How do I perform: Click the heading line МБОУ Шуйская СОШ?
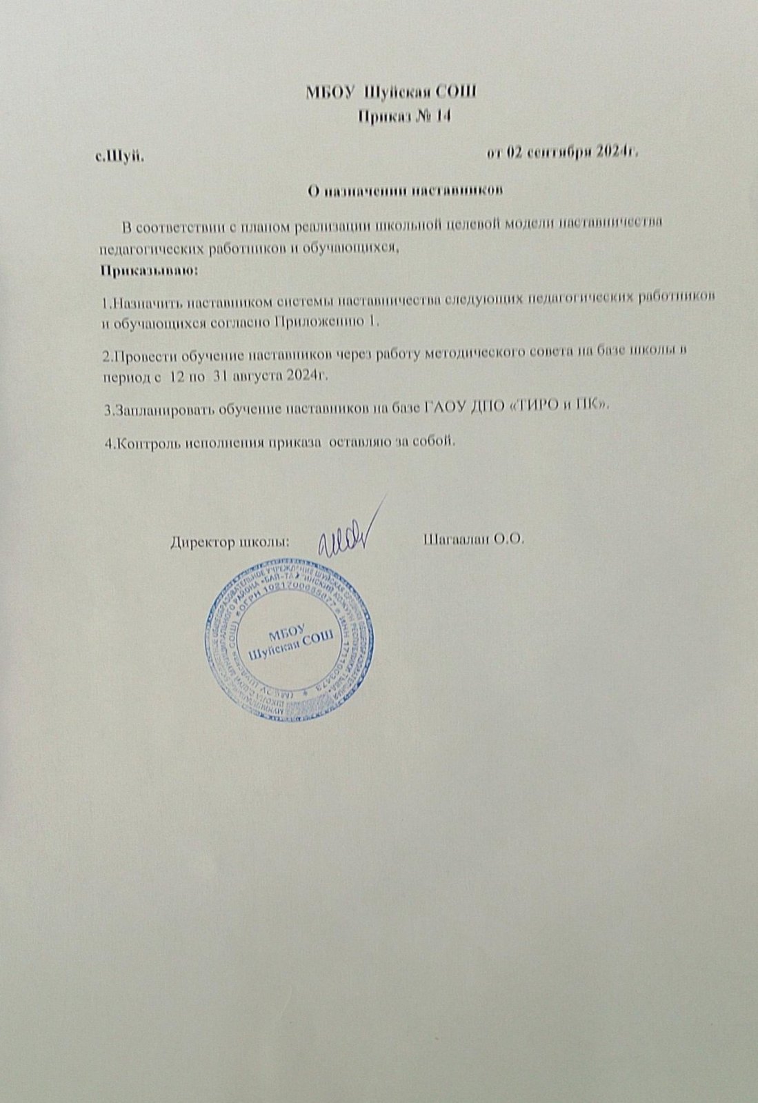[x=391, y=92]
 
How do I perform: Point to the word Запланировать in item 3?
[x=160, y=410]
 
